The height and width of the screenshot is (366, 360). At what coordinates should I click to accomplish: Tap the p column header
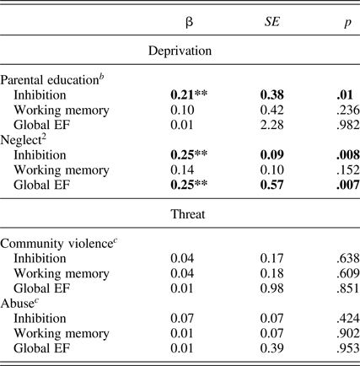[334, 21]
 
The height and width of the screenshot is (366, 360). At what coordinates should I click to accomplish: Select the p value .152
[333, 169]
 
